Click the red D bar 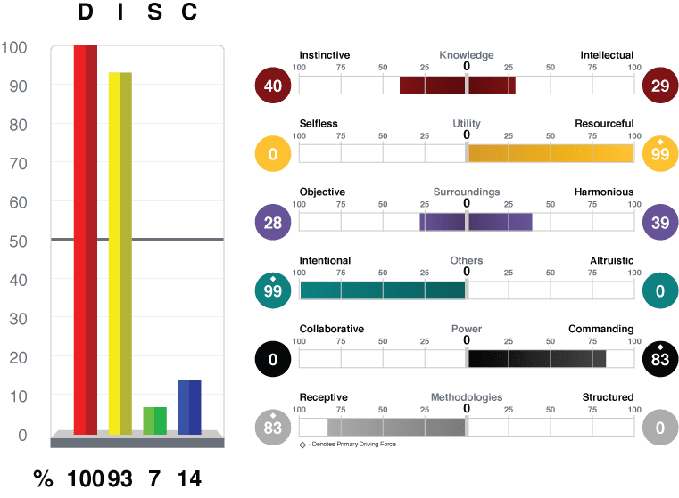(86, 240)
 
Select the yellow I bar (120, 253)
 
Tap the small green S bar (154, 420)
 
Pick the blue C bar (189, 407)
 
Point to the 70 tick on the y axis (18, 164)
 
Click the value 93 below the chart (120, 479)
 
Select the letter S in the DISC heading (154, 12)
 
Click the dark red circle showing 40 (273, 86)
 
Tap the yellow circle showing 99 (660, 153)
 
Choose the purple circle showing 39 (660, 222)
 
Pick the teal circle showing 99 (273, 290)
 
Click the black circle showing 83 (660, 359)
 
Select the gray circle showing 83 (273, 428)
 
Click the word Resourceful (604, 124)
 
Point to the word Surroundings (467, 192)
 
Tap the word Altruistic (611, 260)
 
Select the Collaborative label (332, 329)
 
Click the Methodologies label (467, 397)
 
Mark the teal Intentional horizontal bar (383, 290)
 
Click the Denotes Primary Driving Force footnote (348, 444)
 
